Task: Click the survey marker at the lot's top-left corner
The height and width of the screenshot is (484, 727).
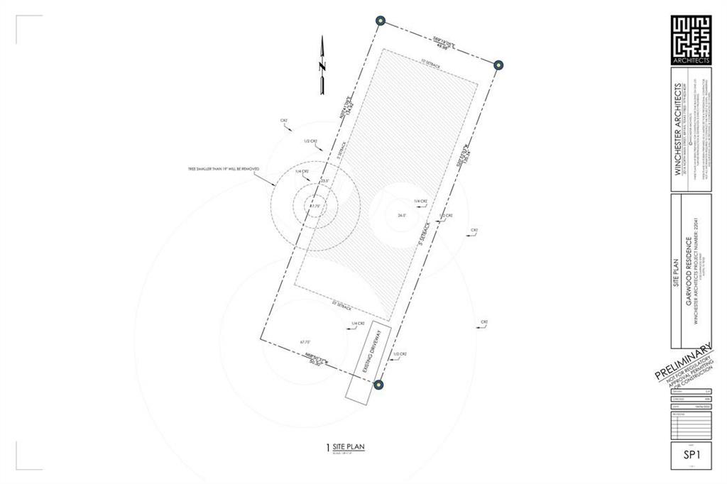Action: [x=381, y=20]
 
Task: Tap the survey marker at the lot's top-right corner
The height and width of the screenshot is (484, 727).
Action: [x=498, y=65]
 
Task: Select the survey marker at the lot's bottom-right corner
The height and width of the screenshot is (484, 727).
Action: [x=379, y=385]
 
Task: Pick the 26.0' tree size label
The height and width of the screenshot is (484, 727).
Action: [x=402, y=215]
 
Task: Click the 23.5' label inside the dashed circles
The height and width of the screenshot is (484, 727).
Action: [x=325, y=182]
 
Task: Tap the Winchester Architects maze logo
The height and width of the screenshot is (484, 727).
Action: [x=691, y=37]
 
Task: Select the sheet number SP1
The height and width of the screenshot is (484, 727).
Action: [x=692, y=456]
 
